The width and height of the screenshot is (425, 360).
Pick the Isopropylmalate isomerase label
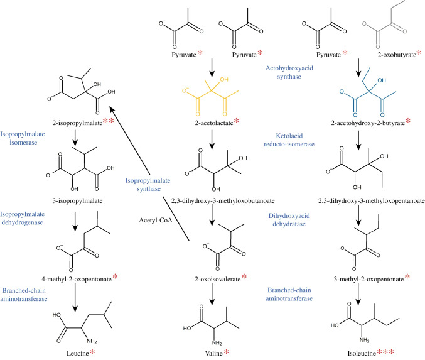(27, 138)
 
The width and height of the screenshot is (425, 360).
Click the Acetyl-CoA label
(156, 220)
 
